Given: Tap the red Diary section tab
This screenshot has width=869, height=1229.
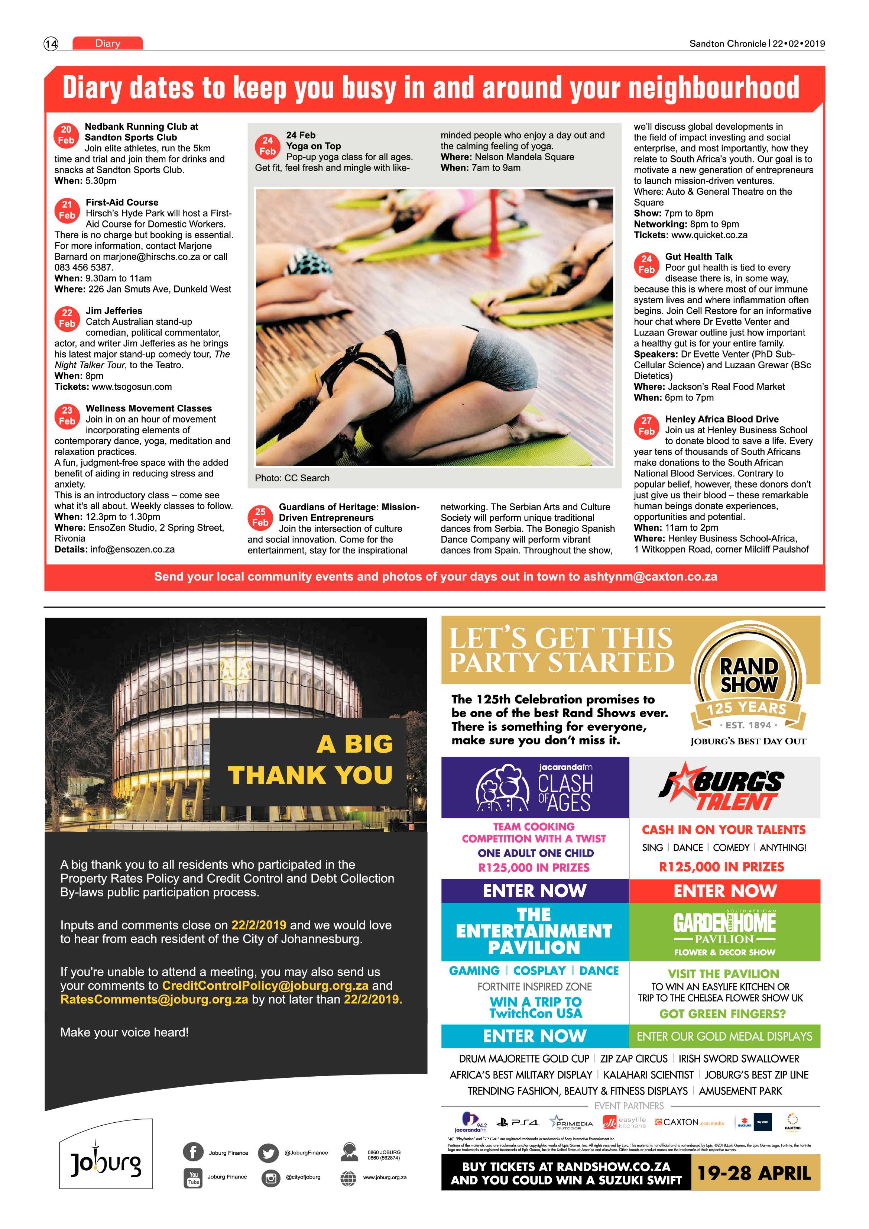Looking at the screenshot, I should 107,43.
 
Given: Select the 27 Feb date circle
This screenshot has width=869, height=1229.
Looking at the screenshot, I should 646,426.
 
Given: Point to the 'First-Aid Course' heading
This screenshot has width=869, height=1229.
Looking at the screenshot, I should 122,202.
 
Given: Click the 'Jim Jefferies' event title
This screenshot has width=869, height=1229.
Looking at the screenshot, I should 114,310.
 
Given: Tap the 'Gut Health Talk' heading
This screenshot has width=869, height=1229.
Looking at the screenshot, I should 698,256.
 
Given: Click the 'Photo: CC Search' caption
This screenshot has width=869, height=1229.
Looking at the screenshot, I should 292,478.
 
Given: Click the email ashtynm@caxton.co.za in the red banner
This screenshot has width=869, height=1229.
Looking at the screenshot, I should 649,576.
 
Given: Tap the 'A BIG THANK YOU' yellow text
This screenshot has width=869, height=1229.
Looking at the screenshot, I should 310,760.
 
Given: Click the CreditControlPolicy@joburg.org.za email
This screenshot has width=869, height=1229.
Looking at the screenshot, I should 265,986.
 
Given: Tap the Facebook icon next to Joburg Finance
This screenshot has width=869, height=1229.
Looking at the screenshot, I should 193,1152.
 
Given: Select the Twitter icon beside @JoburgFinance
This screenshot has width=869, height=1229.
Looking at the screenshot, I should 268,1152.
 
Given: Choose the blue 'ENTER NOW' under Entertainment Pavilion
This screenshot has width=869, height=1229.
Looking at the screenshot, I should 535,1036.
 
